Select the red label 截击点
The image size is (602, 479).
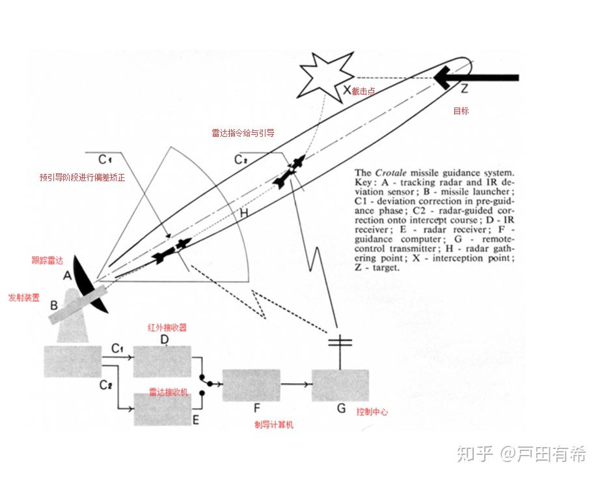click(x=363, y=92)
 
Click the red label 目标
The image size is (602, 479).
click(x=461, y=111)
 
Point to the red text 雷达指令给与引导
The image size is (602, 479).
click(x=243, y=133)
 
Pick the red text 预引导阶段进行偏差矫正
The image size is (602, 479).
click(x=82, y=177)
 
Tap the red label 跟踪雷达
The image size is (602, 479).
click(x=48, y=261)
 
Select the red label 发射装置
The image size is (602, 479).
click(x=23, y=297)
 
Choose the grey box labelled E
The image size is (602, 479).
click(x=162, y=409)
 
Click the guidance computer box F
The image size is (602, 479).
click(x=251, y=385)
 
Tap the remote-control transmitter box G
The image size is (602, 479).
click(x=340, y=385)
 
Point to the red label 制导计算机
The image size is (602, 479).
click(x=273, y=425)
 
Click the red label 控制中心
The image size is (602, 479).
click(x=372, y=412)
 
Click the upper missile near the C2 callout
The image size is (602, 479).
click(x=288, y=171)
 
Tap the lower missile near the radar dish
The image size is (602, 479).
click(x=171, y=250)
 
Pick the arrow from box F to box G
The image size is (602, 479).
click(x=295, y=385)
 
